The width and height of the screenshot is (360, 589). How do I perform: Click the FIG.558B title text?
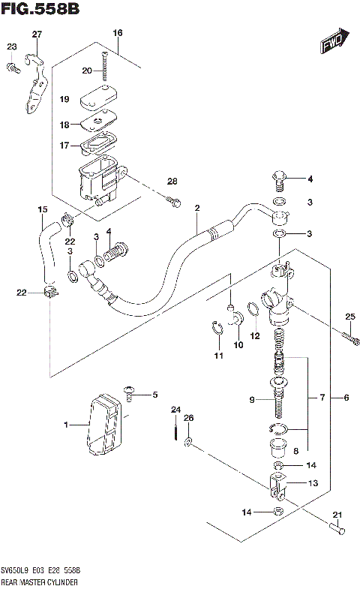pyautogui.click(x=40, y=9)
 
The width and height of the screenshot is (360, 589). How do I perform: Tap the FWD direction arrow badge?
pyautogui.click(x=332, y=43)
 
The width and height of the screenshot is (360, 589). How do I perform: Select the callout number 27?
pyautogui.click(x=37, y=34)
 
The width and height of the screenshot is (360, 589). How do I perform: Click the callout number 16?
pyautogui.click(x=117, y=32)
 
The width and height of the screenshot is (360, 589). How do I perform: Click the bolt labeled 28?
pyautogui.click(x=174, y=200)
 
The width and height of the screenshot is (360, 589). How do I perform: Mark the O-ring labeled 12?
pyautogui.click(x=253, y=309)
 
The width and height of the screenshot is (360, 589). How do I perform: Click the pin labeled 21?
pyautogui.click(x=337, y=530)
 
